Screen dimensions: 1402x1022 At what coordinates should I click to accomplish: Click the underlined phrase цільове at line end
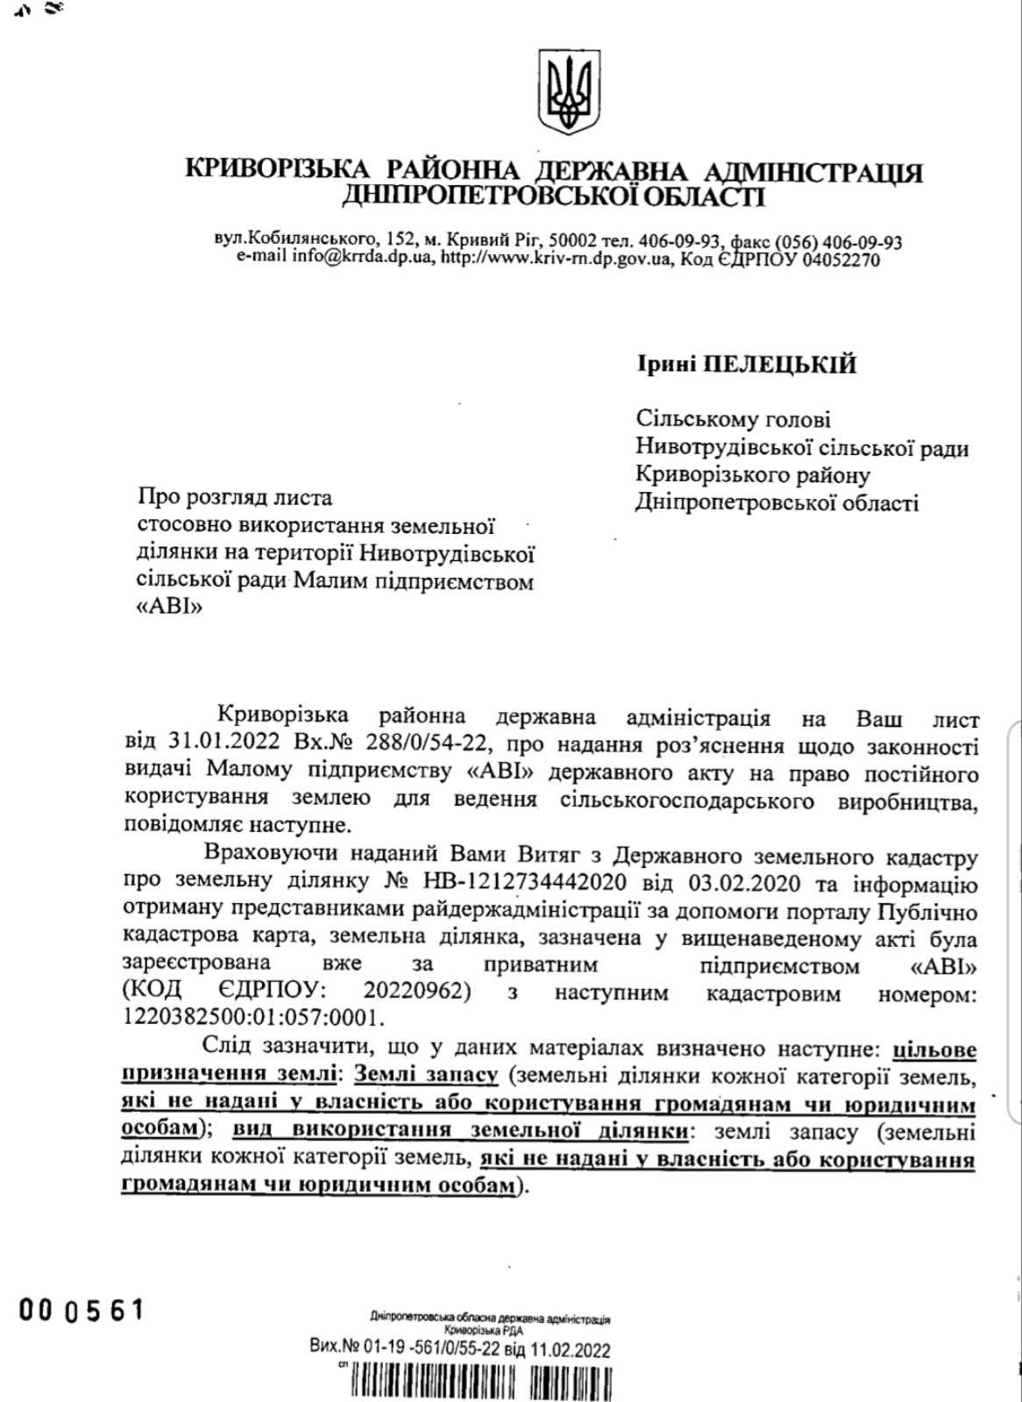coord(933,1050)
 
